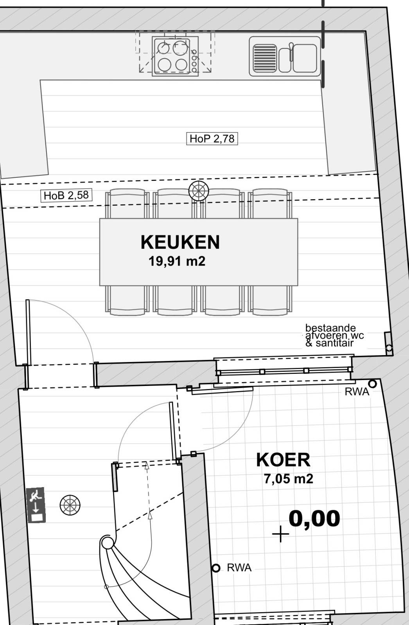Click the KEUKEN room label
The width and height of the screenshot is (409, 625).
[180, 242]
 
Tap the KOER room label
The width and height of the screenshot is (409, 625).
[283, 460]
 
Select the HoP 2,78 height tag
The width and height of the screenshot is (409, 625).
[212, 139]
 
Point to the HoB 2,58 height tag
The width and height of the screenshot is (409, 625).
[66, 195]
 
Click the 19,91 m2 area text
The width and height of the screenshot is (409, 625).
[177, 261]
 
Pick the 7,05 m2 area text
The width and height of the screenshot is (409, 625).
[288, 479]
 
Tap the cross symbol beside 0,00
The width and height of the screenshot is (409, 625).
[280, 534]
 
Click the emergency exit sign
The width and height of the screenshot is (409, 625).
[36, 505]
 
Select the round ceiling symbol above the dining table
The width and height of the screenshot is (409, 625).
[199, 191]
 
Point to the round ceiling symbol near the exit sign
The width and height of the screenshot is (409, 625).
[70, 505]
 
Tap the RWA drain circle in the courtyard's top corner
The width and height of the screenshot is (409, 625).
[372, 384]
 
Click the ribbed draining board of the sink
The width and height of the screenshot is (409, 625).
[265, 58]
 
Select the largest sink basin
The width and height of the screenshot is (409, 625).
[305, 58]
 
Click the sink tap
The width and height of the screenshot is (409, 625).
[291, 52]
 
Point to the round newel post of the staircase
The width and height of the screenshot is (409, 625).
[107, 543]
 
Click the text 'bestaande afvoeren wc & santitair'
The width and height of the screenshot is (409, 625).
[334, 336]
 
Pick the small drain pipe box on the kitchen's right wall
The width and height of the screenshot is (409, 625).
[388, 343]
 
